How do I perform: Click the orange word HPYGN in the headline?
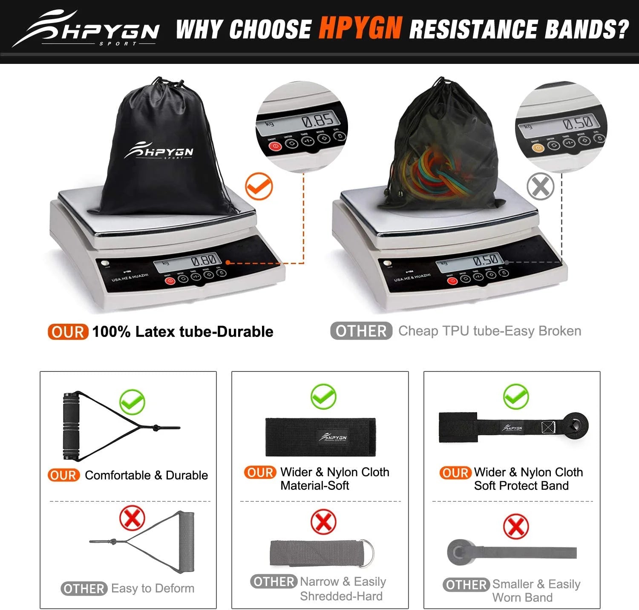(360, 28)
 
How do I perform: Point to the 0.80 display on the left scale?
(204, 261)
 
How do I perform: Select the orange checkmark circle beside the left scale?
(259, 186)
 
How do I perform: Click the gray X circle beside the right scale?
(540, 186)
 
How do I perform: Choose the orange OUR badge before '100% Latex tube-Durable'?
(68, 331)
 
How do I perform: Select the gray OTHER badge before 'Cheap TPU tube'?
(361, 331)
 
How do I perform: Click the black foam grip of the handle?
(69, 426)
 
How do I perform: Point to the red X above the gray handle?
(132, 518)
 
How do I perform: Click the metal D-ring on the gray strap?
(366, 553)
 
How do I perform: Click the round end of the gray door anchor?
(458, 552)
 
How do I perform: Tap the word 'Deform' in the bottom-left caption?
(174, 588)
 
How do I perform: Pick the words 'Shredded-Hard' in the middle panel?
(341, 596)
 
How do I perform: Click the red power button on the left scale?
(170, 281)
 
